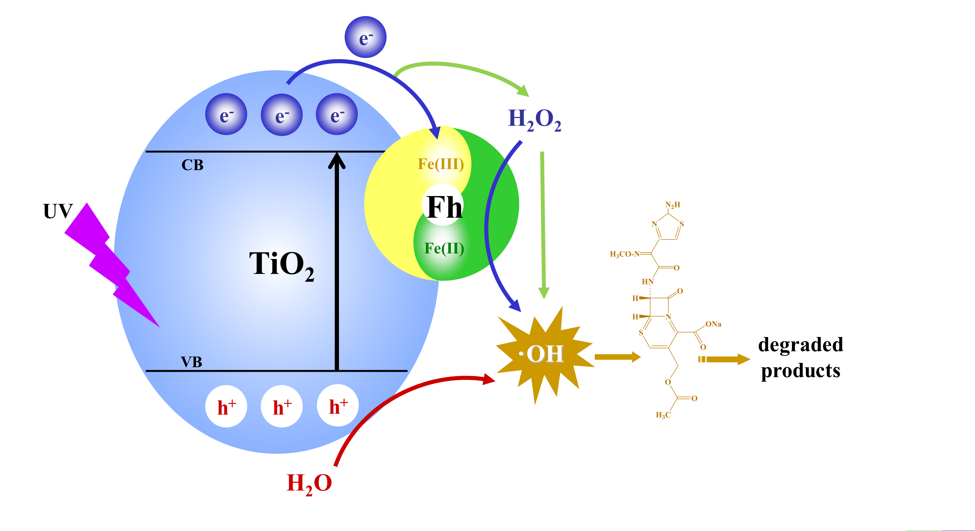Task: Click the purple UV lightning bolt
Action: click(110, 265)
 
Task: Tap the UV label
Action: click(58, 211)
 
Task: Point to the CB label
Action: click(192, 165)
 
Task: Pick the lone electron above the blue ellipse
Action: click(365, 37)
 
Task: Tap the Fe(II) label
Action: click(444, 249)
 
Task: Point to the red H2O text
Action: click(309, 483)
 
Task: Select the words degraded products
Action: click(800, 357)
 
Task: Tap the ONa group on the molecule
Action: click(713, 324)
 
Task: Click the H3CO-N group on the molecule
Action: click(625, 254)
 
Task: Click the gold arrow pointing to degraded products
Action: click(725, 359)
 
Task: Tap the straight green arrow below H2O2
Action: click(543, 223)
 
